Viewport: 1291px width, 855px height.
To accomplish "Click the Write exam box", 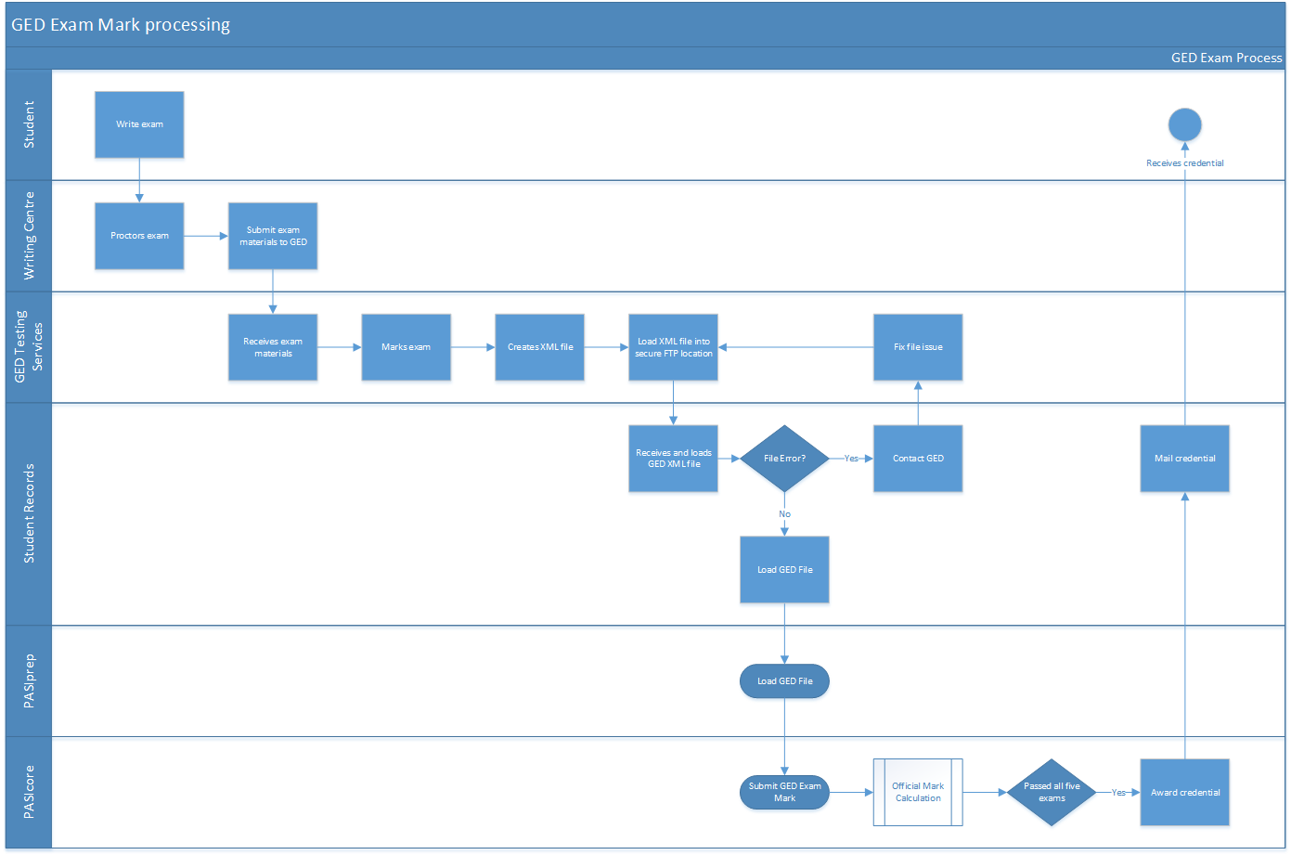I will point(139,124).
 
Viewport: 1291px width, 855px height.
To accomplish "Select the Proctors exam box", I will point(139,236).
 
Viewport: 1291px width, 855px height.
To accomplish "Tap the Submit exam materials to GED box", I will point(273,236).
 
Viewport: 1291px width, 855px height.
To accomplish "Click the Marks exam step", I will point(406,347).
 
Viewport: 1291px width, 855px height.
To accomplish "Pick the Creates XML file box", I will point(539,347).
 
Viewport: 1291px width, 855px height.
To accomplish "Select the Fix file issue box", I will point(917,347).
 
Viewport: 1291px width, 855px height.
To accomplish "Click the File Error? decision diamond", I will point(784,459).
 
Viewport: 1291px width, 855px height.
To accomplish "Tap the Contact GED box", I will point(917,459).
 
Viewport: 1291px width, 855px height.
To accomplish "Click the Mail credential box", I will point(1184,459).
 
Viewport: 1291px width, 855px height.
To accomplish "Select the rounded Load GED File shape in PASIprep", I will point(784,681).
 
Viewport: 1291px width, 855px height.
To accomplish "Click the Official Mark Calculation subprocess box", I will point(917,792).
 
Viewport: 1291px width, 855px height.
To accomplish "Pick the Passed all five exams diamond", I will point(1052,792).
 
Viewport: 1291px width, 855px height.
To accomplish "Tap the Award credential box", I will point(1184,792).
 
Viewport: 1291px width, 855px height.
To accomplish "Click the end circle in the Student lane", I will point(1184,124).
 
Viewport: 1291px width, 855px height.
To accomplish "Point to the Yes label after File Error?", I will point(851,459).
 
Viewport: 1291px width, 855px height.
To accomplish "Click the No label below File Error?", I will point(784,514).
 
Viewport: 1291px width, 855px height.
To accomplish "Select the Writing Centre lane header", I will point(29,236).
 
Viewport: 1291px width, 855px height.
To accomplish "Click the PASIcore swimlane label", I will point(29,792).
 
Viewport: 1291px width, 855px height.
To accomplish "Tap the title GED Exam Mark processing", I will point(121,25).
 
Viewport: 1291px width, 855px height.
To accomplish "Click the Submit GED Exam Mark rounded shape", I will point(784,792).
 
